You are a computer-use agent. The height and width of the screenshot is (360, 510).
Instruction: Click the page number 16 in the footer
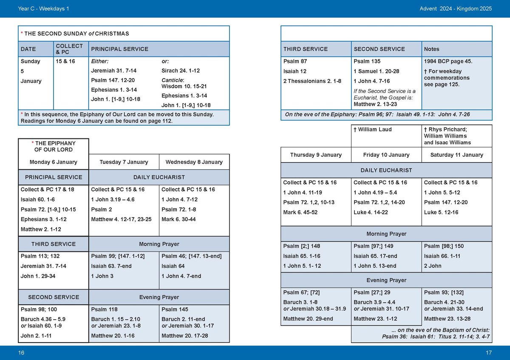(x=22, y=352)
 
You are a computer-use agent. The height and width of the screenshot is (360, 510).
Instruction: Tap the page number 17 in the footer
(x=488, y=352)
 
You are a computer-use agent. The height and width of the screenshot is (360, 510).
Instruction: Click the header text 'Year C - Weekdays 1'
(x=43, y=8)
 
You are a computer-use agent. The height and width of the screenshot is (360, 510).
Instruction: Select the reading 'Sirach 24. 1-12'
(x=180, y=71)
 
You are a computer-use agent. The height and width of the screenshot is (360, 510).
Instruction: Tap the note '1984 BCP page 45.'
(x=448, y=62)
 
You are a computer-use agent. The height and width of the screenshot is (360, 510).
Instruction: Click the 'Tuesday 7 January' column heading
(x=124, y=162)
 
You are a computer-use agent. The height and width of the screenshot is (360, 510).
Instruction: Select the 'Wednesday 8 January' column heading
(x=194, y=162)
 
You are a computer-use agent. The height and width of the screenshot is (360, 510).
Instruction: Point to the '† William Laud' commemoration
(x=372, y=129)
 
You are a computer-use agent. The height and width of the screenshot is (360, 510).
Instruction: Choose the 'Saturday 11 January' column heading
(x=456, y=155)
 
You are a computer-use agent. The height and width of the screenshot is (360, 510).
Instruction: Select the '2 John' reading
(x=432, y=266)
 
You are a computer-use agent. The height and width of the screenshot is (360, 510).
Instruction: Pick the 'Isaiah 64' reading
(x=173, y=266)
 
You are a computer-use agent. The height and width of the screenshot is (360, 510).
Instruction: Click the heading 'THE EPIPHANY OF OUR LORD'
(x=54, y=146)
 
